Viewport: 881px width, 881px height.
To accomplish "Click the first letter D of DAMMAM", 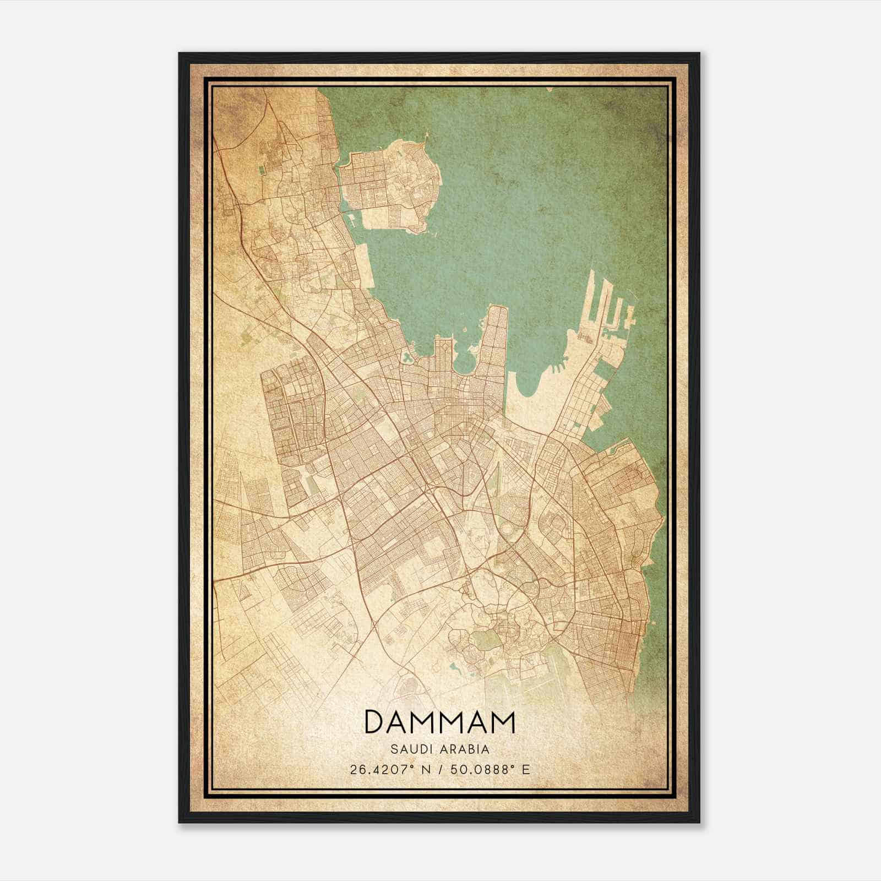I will pos(374,722).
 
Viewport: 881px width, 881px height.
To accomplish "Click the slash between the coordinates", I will pos(440,769).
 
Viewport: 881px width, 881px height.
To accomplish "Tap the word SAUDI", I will pos(408,749).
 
